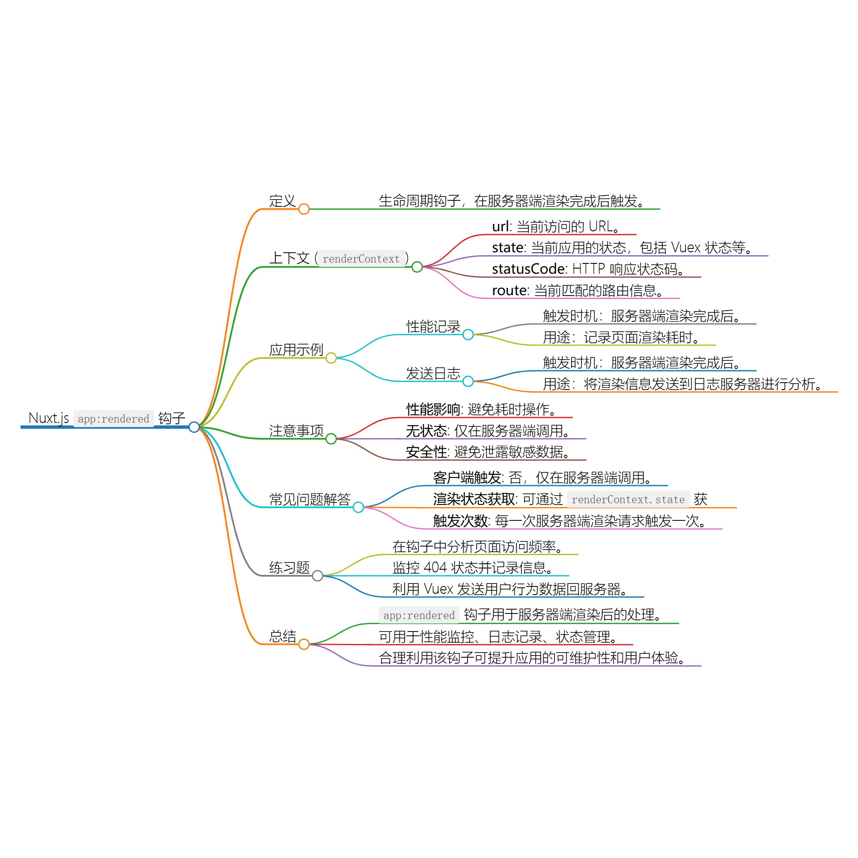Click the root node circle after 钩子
point(194,427)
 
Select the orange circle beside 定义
point(304,209)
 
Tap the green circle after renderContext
point(417,267)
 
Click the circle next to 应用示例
point(331,358)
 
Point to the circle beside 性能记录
point(468,335)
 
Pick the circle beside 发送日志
point(468,381)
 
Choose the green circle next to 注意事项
point(331,439)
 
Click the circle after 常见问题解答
point(358,507)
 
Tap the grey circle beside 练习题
point(317,576)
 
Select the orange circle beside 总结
point(304,644)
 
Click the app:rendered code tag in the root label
point(113,419)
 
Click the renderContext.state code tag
point(628,500)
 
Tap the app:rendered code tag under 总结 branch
point(419,616)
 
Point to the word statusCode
point(528,269)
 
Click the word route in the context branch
point(509,290)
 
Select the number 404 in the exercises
point(435,568)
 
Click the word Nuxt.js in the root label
point(48,418)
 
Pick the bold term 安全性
point(426,452)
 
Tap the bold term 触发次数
point(460,520)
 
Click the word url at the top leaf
point(500,227)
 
